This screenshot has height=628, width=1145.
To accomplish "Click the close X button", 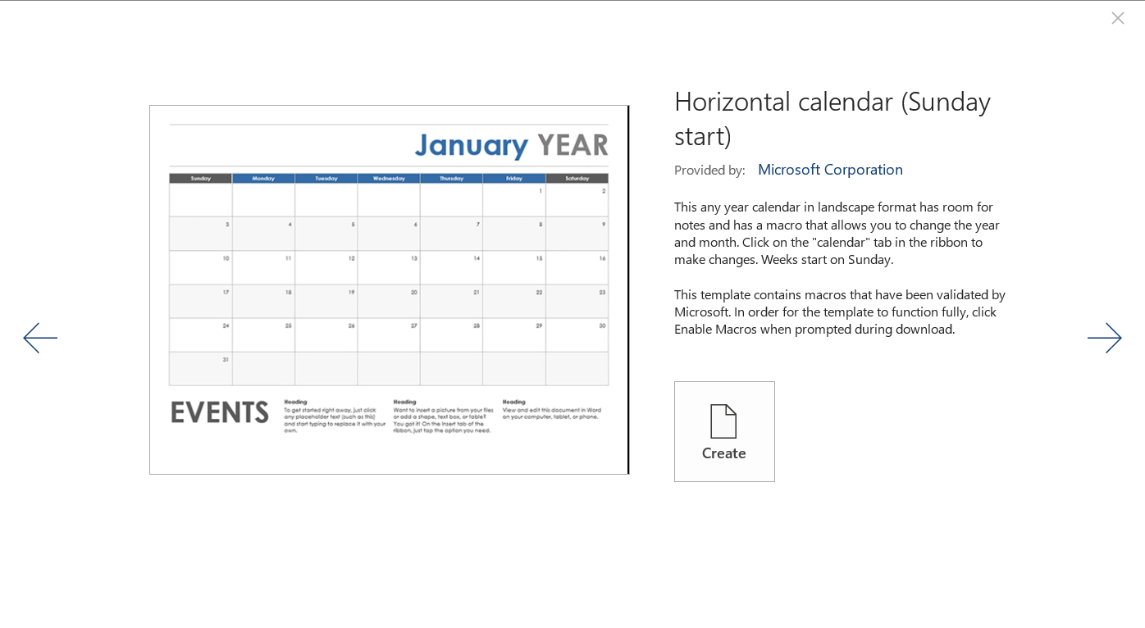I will coord(1117,18).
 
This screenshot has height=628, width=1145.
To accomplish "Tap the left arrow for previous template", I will coord(40,338).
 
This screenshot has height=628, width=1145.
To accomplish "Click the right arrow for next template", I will coord(1104,338).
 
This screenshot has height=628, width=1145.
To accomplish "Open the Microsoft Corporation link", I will coord(830,170).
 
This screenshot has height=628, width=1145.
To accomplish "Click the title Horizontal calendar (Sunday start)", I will coord(832,118).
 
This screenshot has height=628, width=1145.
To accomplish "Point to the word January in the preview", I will coord(471,146).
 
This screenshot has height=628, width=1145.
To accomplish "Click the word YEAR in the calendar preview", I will coord(572,146).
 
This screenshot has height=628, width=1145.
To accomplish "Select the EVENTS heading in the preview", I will coord(220,412).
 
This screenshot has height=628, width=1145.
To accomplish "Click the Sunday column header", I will coord(200,178).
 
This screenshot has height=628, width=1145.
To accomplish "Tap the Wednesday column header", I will coord(389,178).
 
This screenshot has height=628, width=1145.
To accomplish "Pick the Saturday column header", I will coord(577,178).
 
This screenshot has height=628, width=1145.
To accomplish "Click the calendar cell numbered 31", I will coord(201,368).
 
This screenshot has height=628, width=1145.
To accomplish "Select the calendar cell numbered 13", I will coord(389,267).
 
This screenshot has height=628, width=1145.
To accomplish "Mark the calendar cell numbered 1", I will coord(514,199).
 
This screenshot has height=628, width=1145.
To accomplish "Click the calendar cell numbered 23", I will coord(577,301).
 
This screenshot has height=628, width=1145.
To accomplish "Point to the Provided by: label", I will coord(709,171).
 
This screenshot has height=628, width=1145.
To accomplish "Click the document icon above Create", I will coord(723,421).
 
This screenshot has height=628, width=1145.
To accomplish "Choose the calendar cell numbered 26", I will coord(326,334).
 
